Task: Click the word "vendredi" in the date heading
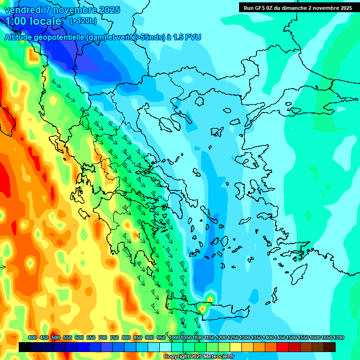tap(23, 10)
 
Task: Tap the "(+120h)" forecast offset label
tap(83, 21)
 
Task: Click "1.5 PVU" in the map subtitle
tap(187, 37)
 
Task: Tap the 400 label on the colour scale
tap(32, 337)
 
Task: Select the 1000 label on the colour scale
tap(174, 337)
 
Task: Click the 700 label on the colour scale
tap(103, 337)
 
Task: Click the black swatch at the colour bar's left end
tap(25, 347)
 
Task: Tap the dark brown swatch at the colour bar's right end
tap(330, 347)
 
